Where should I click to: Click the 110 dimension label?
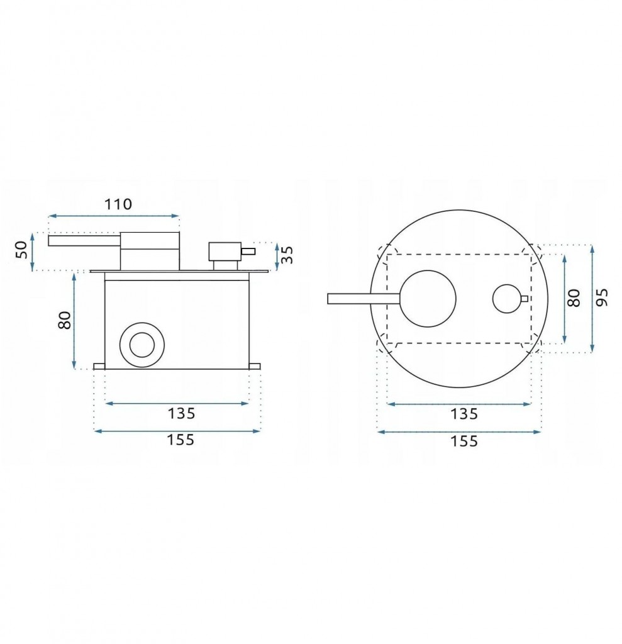click(118, 204)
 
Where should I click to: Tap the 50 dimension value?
click(21, 250)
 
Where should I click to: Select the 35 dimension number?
click(287, 255)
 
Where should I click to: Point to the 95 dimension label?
click(601, 297)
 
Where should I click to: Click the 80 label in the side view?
click(65, 320)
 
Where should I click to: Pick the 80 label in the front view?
click(574, 297)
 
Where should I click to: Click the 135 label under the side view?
click(181, 413)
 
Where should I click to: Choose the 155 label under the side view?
click(180, 440)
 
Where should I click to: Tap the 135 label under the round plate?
click(464, 414)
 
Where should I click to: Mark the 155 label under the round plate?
click(464, 441)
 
